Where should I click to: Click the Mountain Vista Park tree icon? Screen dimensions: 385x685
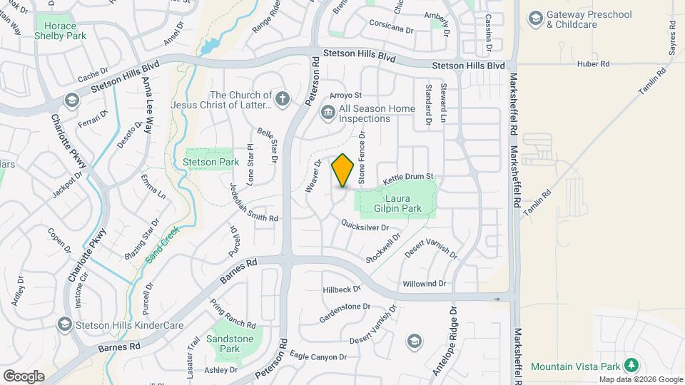pos(631,365)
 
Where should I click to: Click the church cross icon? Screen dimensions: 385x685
pos(283,99)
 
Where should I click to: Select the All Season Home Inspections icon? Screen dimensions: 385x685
pos(328,112)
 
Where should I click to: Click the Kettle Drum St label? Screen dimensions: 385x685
pos(409,176)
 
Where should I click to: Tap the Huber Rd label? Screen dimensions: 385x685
pos(594,64)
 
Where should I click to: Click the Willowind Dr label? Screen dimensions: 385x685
pos(424,284)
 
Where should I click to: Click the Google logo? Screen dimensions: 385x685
pos(24,376)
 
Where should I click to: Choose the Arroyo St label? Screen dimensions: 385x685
pos(346,95)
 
